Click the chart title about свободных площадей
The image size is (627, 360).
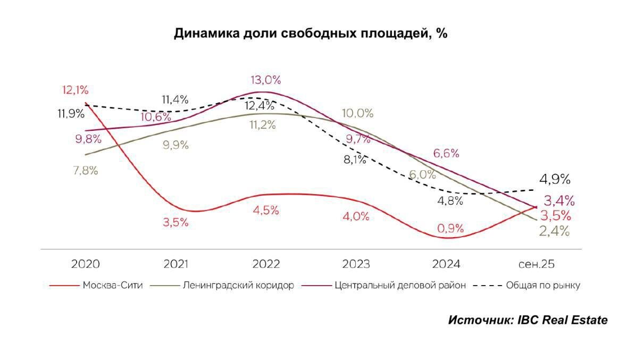coord(311,34)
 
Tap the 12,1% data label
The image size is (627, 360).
coord(74,90)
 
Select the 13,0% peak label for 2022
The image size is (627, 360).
coord(266,80)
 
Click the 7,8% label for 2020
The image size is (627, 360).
coord(85,171)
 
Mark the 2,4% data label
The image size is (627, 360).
coord(555,231)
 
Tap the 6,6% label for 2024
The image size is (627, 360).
coord(446,154)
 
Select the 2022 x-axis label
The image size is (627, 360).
coord(266,264)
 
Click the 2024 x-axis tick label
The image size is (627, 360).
coord(447,264)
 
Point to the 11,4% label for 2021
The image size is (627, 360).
coord(175,99)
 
